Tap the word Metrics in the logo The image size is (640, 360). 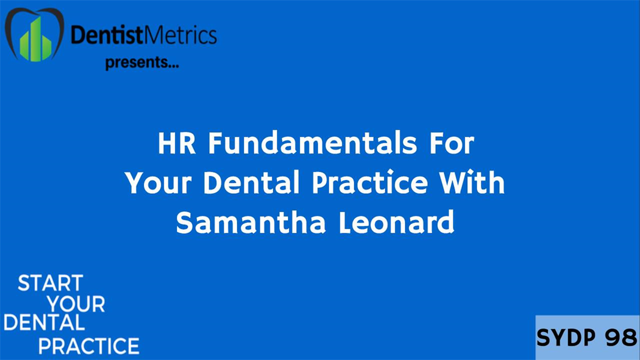(x=181, y=35)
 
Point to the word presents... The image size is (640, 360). (x=142, y=62)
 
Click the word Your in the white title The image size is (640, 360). (x=160, y=184)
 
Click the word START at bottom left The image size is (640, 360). (x=50, y=283)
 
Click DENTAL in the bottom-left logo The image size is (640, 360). (x=44, y=323)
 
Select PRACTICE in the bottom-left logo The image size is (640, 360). (x=88, y=346)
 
